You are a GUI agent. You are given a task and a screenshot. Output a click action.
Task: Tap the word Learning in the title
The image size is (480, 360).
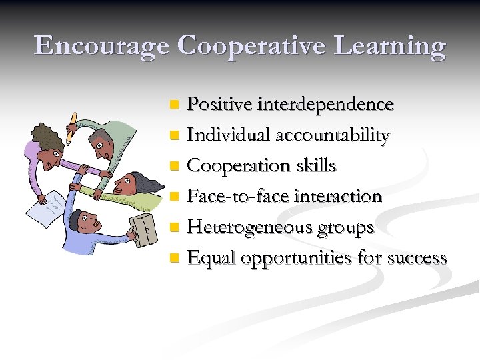pos(387,46)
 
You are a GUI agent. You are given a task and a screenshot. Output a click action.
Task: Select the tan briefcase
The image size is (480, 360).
pos(141,230)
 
